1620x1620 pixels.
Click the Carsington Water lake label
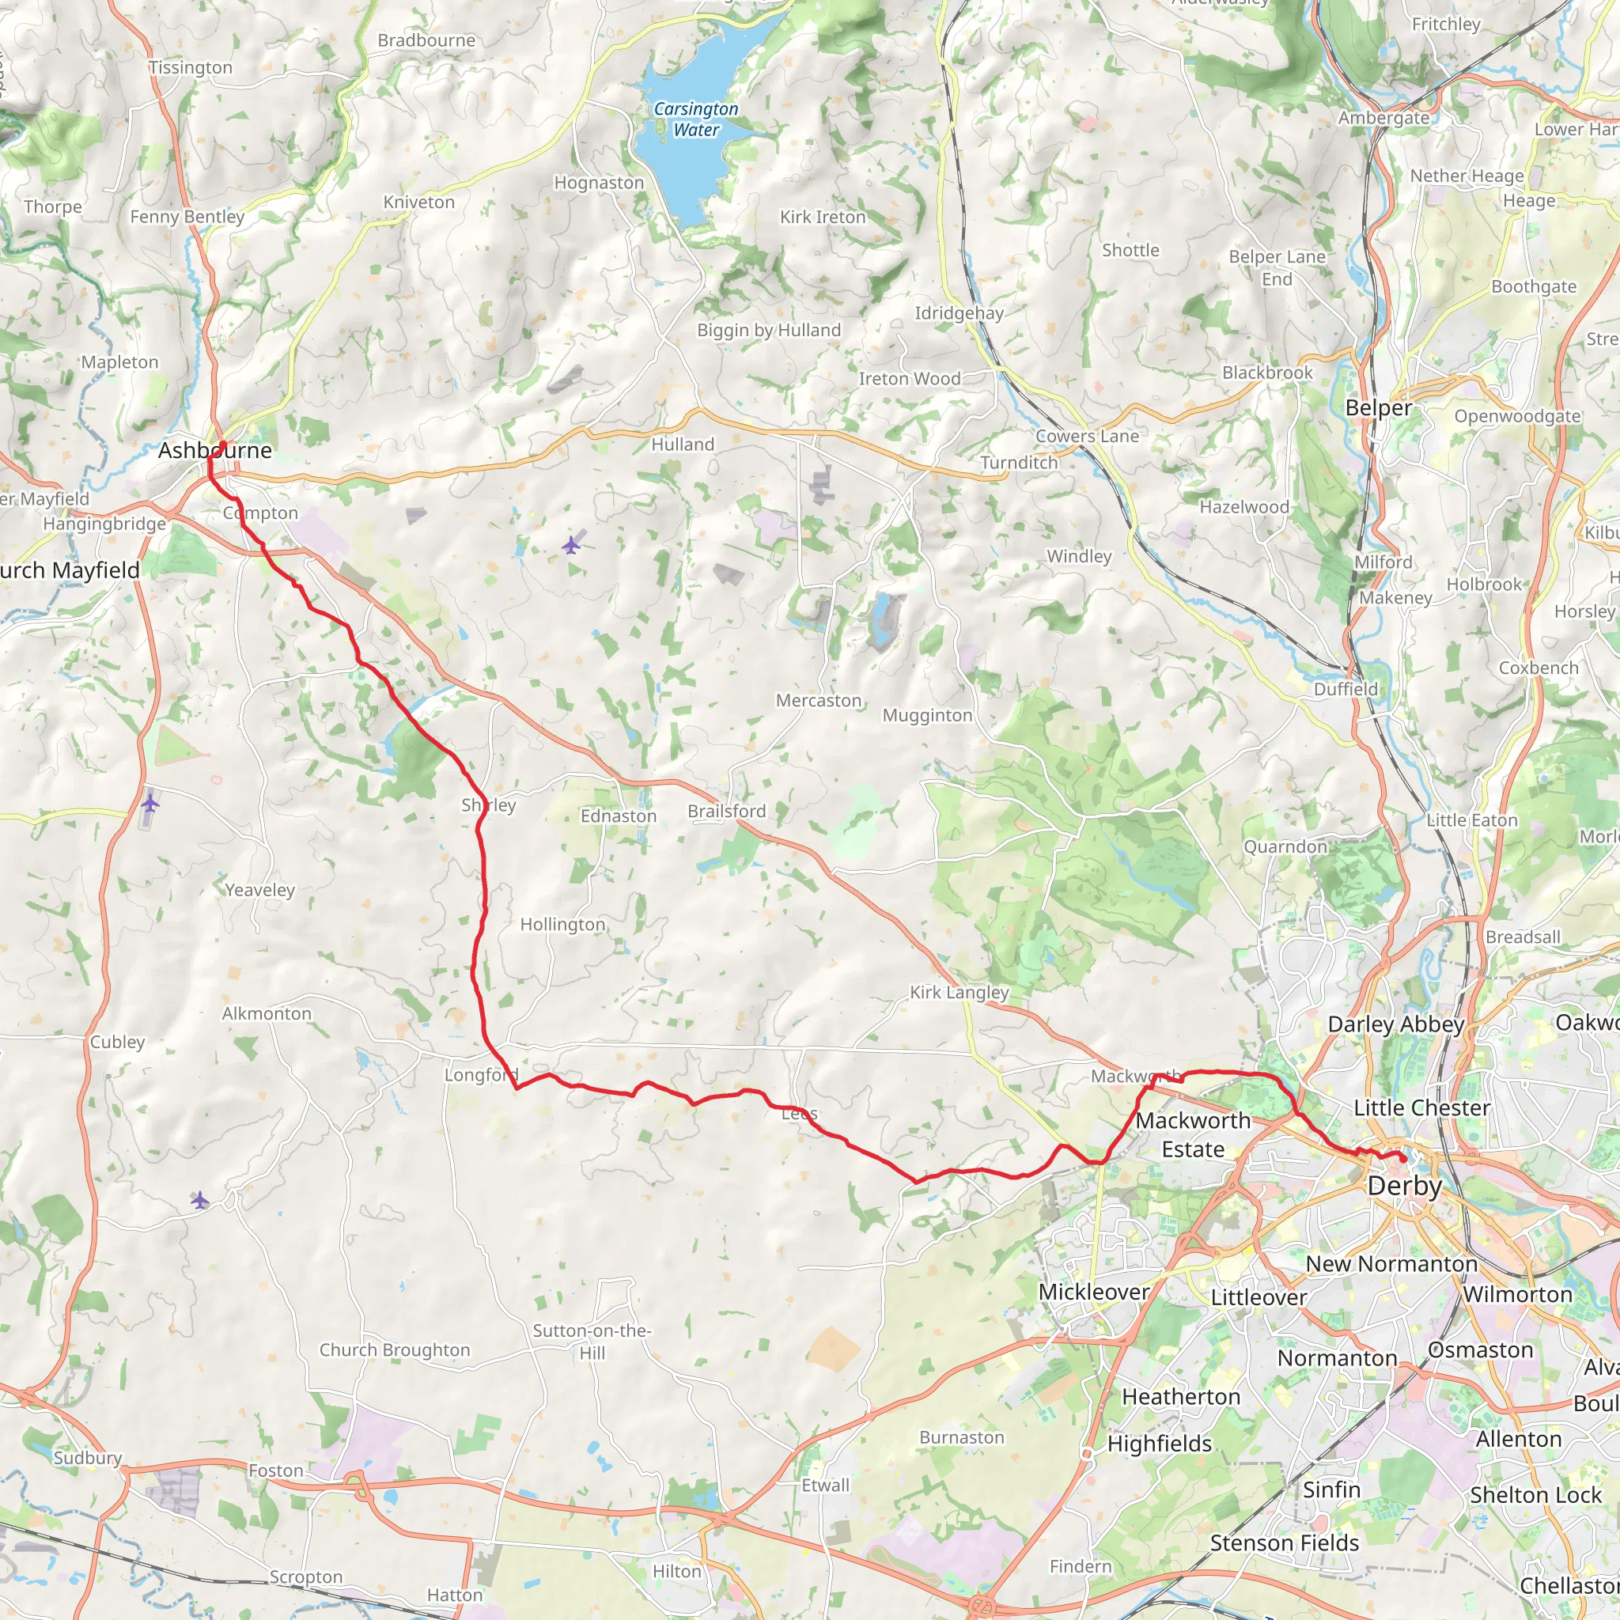696,119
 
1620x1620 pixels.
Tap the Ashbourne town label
214,450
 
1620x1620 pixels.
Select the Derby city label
1405,1186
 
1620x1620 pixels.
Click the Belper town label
1379,408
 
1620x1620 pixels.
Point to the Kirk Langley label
960,992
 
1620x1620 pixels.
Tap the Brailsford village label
726,811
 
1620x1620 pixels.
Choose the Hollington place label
562,924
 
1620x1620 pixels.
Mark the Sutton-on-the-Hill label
592,1342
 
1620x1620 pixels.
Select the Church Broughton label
394,1350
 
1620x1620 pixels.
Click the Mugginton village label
927,715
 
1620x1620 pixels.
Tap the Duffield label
1346,688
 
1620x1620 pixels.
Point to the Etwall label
825,1485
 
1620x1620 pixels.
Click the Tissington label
191,68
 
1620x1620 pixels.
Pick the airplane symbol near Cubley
150,804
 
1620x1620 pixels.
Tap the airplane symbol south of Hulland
571,546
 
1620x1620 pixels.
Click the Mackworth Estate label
1192,1134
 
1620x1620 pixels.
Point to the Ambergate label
1383,118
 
